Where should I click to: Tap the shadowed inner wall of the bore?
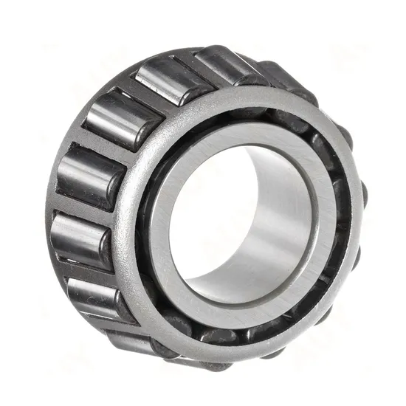point(273,221)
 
